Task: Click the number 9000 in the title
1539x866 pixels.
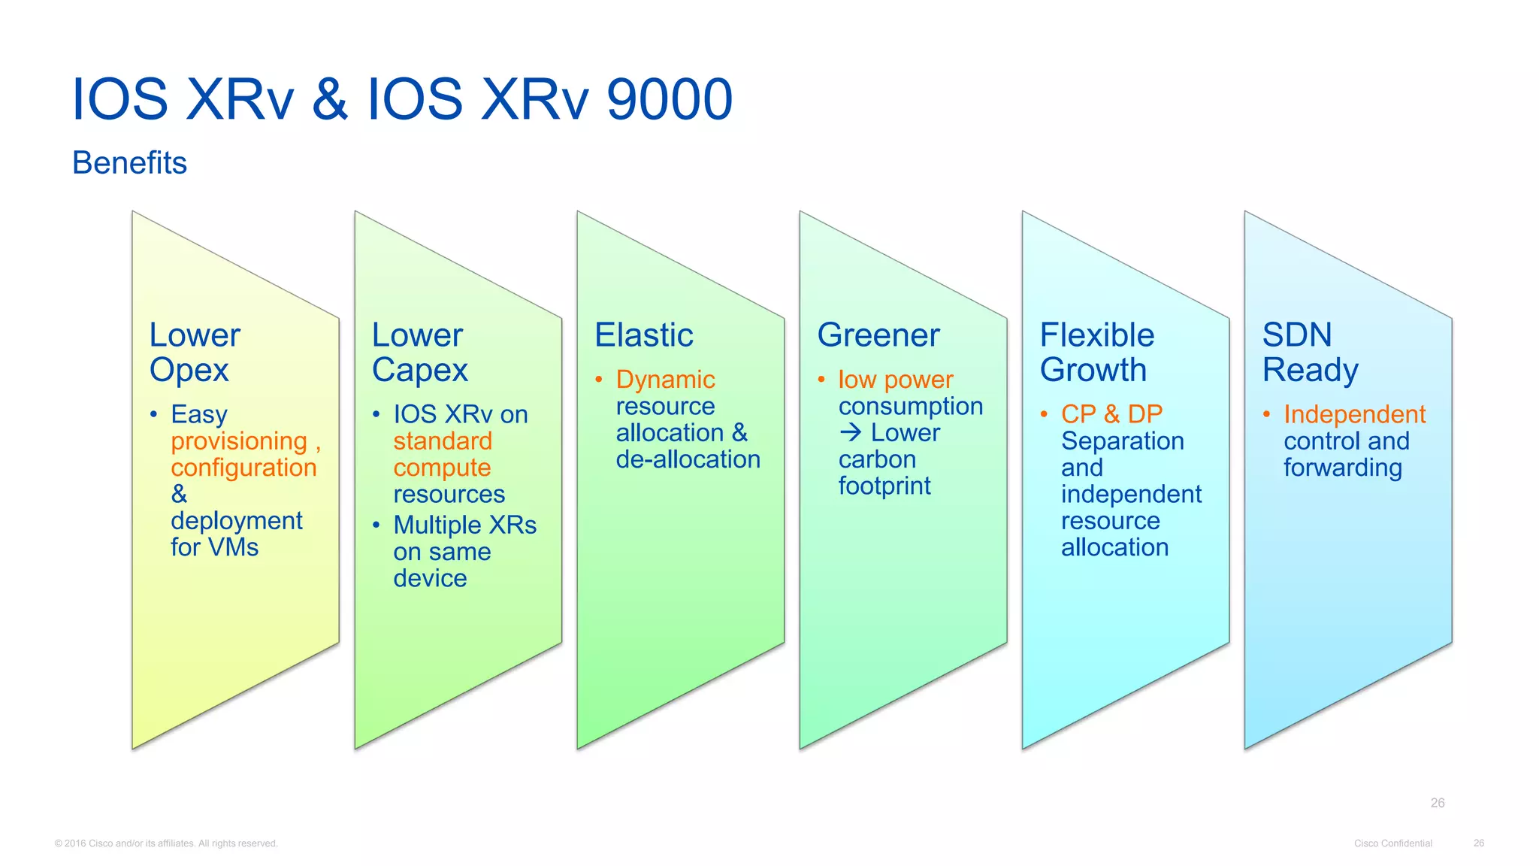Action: coord(669,99)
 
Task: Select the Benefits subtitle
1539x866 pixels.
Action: coord(129,162)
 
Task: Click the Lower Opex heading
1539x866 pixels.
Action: coord(194,352)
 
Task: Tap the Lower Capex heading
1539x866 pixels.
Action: coord(419,352)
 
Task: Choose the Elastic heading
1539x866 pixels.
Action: coord(643,335)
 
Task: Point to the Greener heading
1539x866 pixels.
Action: coord(878,335)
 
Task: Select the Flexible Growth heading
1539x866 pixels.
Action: coord(1096,352)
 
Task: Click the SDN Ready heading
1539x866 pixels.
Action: coord(1309,352)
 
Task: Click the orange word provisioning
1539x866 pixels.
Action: coord(239,441)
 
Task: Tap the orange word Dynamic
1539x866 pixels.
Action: coord(665,380)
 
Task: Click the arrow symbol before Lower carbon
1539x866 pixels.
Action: coord(850,432)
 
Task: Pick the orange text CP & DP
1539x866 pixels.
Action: coord(1111,414)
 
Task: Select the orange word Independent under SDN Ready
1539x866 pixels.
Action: coord(1354,414)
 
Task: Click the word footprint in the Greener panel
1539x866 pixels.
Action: coord(884,486)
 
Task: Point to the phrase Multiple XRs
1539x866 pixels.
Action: coord(464,525)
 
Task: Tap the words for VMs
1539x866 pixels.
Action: coord(214,547)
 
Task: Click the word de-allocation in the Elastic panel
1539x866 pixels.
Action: coord(688,459)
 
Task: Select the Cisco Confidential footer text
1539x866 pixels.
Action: coord(1392,843)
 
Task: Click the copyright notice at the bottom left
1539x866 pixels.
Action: coord(166,843)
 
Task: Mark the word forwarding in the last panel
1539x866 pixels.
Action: coord(1342,468)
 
